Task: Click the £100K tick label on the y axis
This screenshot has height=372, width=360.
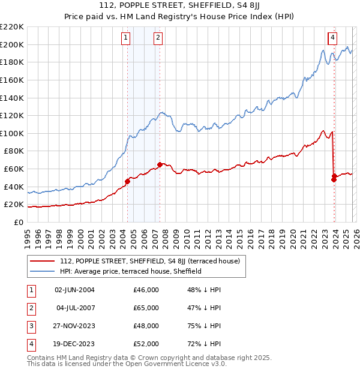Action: pos(11,133)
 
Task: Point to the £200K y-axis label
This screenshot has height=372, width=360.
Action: pos(11,44)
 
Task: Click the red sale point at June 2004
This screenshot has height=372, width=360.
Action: pos(127,181)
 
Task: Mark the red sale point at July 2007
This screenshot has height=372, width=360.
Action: pos(160,164)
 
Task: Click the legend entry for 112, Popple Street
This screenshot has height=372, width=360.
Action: pos(149,261)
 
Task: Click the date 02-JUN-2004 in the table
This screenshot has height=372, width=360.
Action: pos(74,290)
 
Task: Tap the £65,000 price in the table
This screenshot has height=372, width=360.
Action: pos(146,308)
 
